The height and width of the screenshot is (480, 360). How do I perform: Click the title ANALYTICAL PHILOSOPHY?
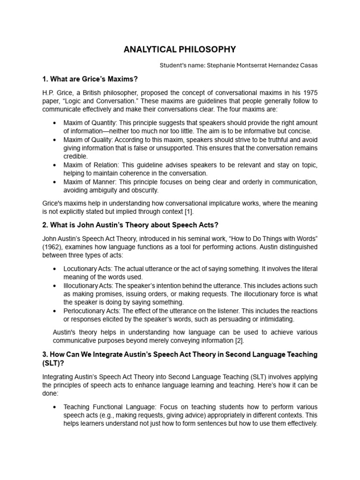tap(180, 49)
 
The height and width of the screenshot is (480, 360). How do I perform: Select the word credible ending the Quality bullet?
tap(75, 157)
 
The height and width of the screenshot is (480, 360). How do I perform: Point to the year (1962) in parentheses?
tap(53, 247)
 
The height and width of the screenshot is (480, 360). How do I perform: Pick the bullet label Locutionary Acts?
tap(89, 269)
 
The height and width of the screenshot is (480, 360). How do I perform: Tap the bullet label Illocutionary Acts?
tap(90, 285)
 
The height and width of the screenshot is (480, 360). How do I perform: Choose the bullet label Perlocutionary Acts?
tap(92, 311)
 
